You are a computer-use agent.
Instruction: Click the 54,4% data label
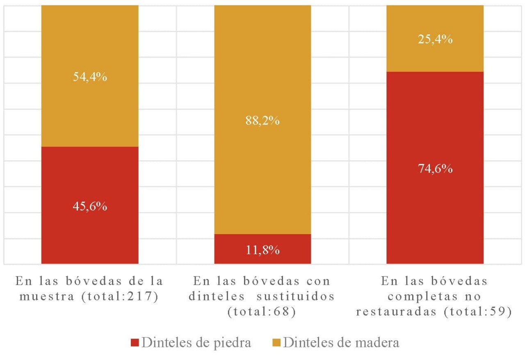90,77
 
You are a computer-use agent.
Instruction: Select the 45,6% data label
90,206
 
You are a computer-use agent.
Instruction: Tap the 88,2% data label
262,121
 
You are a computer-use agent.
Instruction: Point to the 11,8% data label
262,250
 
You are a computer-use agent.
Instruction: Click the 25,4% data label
435,40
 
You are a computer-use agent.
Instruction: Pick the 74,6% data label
435,169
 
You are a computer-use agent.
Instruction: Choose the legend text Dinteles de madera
341,343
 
